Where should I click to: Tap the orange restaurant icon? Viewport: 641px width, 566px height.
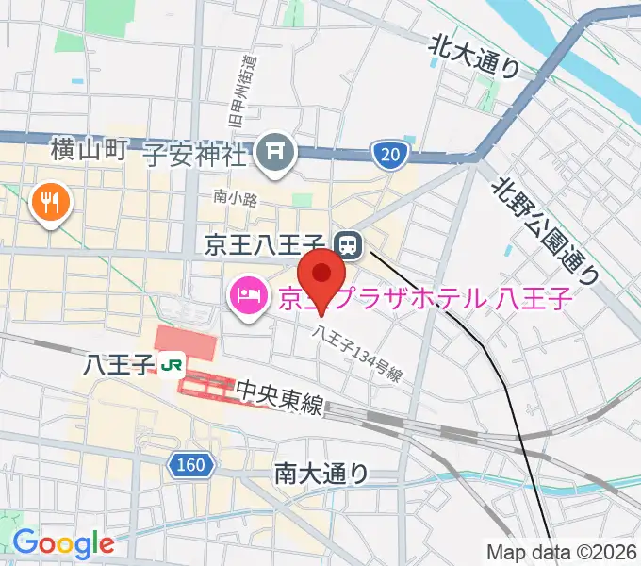point(47,202)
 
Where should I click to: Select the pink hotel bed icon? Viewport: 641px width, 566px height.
point(247,296)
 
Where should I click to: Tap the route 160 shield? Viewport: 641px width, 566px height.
point(190,464)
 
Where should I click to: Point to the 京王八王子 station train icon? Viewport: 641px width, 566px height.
point(348,245)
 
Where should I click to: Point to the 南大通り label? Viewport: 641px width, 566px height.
point(321,473)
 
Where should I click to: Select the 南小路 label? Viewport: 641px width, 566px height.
point(229,198)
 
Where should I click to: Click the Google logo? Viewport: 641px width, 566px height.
point(63,543)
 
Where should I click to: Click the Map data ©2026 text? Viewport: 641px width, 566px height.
point(562,552)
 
